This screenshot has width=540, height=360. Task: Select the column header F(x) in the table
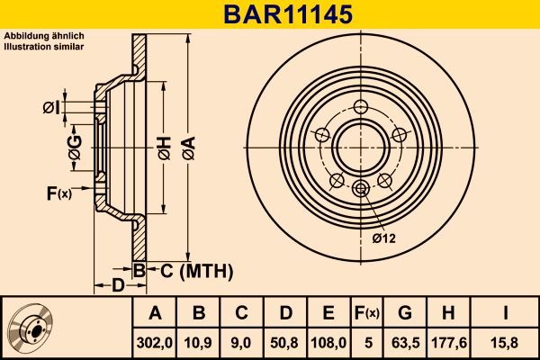point(366,313)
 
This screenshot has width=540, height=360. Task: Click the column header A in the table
point(154,313)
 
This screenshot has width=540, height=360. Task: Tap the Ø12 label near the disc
point(384,238)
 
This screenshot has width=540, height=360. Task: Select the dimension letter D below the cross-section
point(118,286)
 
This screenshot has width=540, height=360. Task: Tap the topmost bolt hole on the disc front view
point(362,108)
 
